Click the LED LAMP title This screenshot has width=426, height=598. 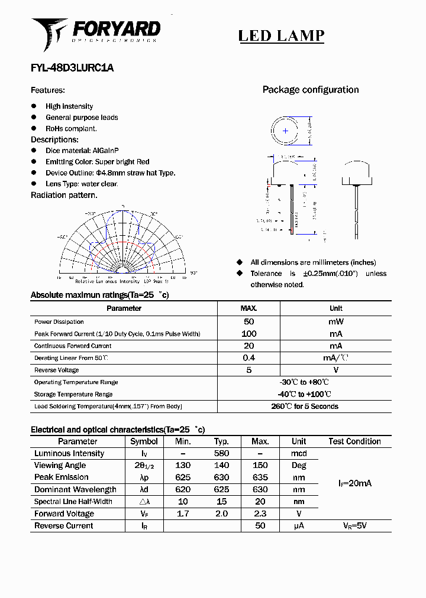[x=281, y=35]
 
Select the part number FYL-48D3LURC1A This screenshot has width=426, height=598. [x=72, y=68]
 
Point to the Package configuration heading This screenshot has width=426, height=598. [x=311, y=90]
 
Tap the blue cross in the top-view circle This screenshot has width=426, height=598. [x=285, y=131]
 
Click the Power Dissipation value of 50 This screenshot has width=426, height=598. [x=249, y=322]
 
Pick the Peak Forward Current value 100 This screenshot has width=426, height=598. [x=249, y=334]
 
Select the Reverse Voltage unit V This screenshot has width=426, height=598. [x=335, y=370]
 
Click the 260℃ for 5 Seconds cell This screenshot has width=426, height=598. [x=305, y=407]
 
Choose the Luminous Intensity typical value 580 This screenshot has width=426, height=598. [x=221, y=453]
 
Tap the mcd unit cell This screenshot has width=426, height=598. [x=299, y=453]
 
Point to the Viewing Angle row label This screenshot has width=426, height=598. [x=60, y=466]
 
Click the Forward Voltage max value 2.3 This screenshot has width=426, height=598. [x=260, y=513]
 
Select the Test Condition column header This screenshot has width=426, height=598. [x=355, y=441]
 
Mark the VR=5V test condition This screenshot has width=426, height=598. [x=355, y=525]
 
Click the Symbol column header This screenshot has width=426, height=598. [x=144, y=441]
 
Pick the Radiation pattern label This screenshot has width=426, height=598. [x=64, y=195]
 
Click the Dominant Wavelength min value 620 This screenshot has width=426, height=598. [x=183, y=489]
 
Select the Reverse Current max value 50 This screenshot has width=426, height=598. [x=260, y=525]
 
